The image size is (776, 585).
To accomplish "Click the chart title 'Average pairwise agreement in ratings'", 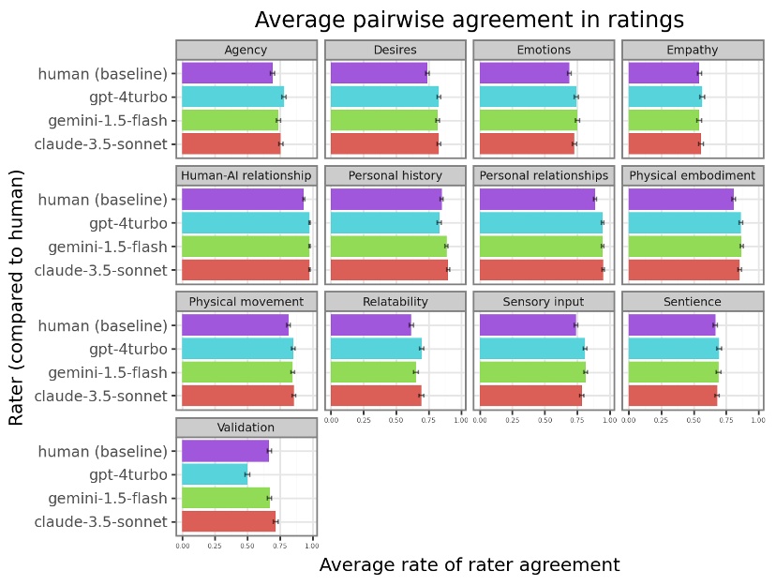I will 469,20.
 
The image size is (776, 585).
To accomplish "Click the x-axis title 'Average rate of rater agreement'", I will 469,564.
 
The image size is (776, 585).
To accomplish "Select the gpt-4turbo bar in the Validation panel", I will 215,474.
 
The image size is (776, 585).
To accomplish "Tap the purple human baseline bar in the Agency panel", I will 227,73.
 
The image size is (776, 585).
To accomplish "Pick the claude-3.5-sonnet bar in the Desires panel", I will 384,143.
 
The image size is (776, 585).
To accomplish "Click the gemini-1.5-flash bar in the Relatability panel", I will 373,372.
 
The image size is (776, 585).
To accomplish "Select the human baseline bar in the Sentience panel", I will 672,325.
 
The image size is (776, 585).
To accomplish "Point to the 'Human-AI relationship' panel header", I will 246,175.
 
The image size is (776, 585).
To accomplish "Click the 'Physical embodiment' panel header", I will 693,175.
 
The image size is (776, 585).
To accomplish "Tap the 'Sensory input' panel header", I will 544,302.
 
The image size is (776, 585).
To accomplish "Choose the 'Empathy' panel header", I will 693,50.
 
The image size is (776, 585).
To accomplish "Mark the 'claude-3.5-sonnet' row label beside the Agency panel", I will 100,143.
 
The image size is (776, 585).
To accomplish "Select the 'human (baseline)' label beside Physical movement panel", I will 102,325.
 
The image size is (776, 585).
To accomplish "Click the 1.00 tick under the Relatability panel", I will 460,419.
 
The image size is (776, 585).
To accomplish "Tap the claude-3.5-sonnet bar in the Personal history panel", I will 389,270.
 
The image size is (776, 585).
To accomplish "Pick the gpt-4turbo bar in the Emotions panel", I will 528,97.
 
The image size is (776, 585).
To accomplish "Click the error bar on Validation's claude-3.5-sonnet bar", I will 276,521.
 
